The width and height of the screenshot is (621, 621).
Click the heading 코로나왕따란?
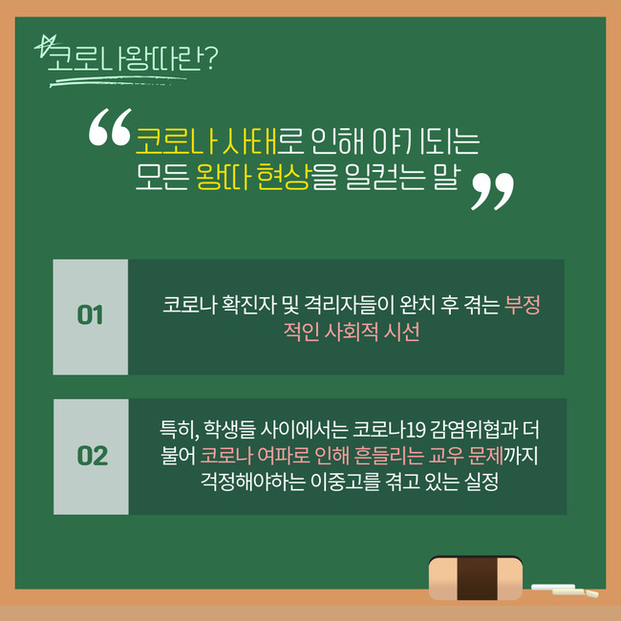(x=133, y=58)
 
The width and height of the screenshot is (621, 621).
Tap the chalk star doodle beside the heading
(x=46, y=45)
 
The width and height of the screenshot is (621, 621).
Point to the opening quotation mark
(x=110, y=127)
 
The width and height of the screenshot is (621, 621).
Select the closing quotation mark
(x=492, y=191)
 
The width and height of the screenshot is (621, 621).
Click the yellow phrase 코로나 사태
(x=206, y=141)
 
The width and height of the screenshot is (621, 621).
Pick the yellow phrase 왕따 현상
(x=252, y=177)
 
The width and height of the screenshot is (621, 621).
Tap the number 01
(x=91, y=315)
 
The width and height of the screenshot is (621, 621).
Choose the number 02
(x=93, y=456)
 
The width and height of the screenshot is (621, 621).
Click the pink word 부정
(x=522, y=305)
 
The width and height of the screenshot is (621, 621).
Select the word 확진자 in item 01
(x=248, y=305)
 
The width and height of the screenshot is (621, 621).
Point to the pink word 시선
(x=401, y=332)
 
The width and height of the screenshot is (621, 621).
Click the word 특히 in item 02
(x=179, y=429)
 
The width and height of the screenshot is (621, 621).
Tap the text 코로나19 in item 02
(x=389, y=429)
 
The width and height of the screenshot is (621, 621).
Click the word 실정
(x=482, y=482)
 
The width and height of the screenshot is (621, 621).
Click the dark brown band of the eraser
(x=477, y=578)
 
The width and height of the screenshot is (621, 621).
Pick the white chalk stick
(x=553, y=587)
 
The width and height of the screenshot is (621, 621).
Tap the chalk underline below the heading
(x=118, y=81)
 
